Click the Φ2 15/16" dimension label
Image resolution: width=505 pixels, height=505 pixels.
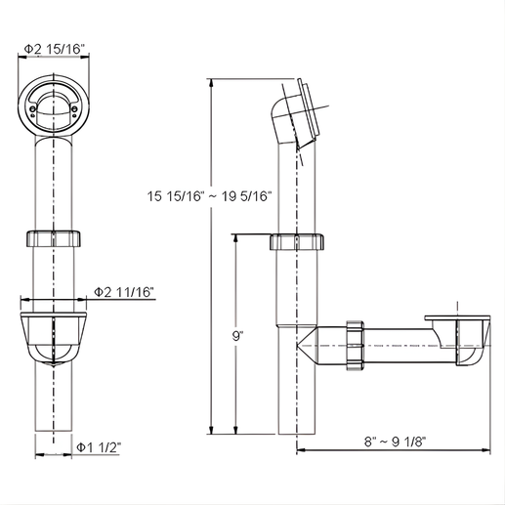tap(55, 49)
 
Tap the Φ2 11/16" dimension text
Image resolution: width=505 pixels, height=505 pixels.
tap(124, 292)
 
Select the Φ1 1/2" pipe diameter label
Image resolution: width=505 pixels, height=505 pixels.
tap(99, 447)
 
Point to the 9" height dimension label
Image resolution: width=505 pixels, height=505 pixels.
tap(238, 336)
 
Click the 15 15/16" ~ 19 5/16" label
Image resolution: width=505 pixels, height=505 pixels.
tap(209, 196)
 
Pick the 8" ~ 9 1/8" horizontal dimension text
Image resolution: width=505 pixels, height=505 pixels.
tap(395, 442)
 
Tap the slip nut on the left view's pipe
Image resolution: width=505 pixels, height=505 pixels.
tap(53, 238)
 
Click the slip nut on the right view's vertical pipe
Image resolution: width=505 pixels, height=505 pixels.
tap(297, 241)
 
